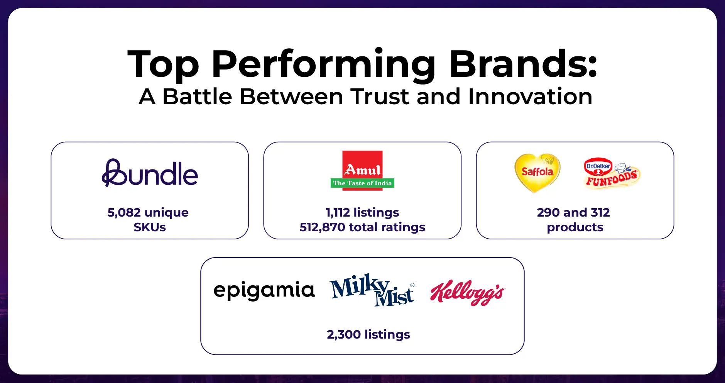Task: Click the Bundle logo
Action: coord(150,174)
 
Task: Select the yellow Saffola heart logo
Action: coord(537,173)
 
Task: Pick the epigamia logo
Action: coord(264,290)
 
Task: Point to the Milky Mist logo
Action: coord(372,290)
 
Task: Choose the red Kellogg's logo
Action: coord(467,292)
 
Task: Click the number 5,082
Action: coord(124,212)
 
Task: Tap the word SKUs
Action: coord(150,227)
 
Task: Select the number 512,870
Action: coord(322,227)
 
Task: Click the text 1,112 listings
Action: coord(362,212)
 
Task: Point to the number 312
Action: coord(600,212)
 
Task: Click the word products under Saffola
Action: coord(575,227)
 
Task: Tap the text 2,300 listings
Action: coord(368,334)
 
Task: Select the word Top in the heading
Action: coord(163,65)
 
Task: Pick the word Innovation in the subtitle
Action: coord(530,97)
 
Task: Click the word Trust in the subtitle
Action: coord(380,97)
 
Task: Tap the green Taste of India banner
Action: coord(362,183)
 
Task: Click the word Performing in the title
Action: coord(323,65)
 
